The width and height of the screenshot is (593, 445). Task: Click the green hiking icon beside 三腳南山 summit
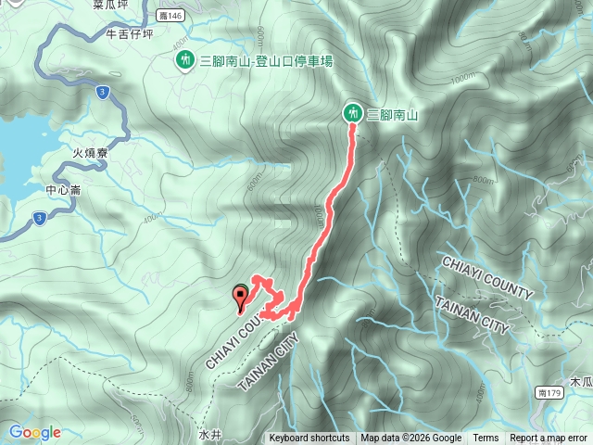(x=353, y=113)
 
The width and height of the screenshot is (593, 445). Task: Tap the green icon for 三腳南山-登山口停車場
(x=185, y=60)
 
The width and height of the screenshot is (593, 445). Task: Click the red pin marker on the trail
(x=241, y=297)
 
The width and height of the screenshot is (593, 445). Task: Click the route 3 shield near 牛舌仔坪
(x=102, y=91)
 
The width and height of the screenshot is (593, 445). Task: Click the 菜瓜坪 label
(x=110, y=5)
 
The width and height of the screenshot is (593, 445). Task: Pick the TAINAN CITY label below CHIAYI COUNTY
(x=472, y=315)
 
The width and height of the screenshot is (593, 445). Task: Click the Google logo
(x=34, y=432)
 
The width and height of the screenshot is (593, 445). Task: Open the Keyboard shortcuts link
(x=309, y=439)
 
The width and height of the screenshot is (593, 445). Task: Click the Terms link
(x=486, y=439)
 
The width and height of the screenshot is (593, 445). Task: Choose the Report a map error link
(x=549, y=439)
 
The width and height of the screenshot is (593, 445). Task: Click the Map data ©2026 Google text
(x=411, y=439)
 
